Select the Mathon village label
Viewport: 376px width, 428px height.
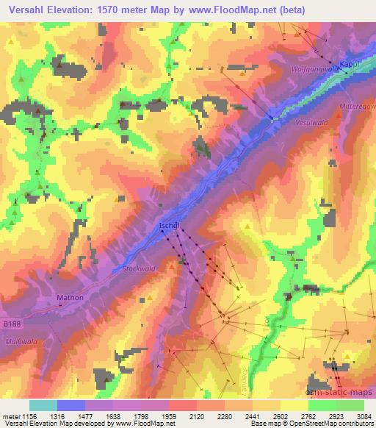(70, 298)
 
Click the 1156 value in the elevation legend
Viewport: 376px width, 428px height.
(29, 415)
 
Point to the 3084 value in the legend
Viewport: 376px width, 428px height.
(364, 415)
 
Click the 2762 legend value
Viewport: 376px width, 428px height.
(308, 415)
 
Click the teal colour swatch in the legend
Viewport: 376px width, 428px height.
(43, 405)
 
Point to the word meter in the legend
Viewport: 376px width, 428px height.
(10, 415)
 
